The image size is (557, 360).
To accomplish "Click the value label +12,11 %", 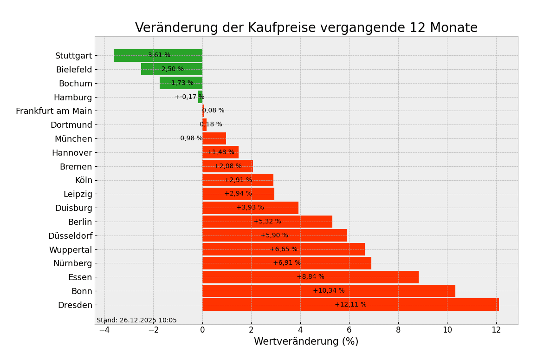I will tap(350, 305).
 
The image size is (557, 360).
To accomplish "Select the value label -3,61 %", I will tap(158, 55).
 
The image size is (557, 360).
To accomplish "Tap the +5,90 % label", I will tap(274, 236).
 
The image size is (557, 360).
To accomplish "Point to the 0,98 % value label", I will tap(191, 138).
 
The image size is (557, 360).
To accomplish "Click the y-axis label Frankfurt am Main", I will tap(54, 111).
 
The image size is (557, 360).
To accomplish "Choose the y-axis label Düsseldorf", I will tap(70, 236).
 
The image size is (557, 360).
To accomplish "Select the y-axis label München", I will tap(73, 139).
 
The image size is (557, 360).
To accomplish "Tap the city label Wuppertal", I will tap(71, 250).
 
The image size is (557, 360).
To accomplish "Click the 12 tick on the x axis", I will tap(496, 330).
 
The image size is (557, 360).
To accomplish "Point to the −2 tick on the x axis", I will tap(153, 330).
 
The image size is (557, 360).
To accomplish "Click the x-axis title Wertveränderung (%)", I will tap(306, 342).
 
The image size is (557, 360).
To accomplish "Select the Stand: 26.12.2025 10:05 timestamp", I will tap(136, 321).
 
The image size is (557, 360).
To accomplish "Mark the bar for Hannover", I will tap(220, 152).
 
